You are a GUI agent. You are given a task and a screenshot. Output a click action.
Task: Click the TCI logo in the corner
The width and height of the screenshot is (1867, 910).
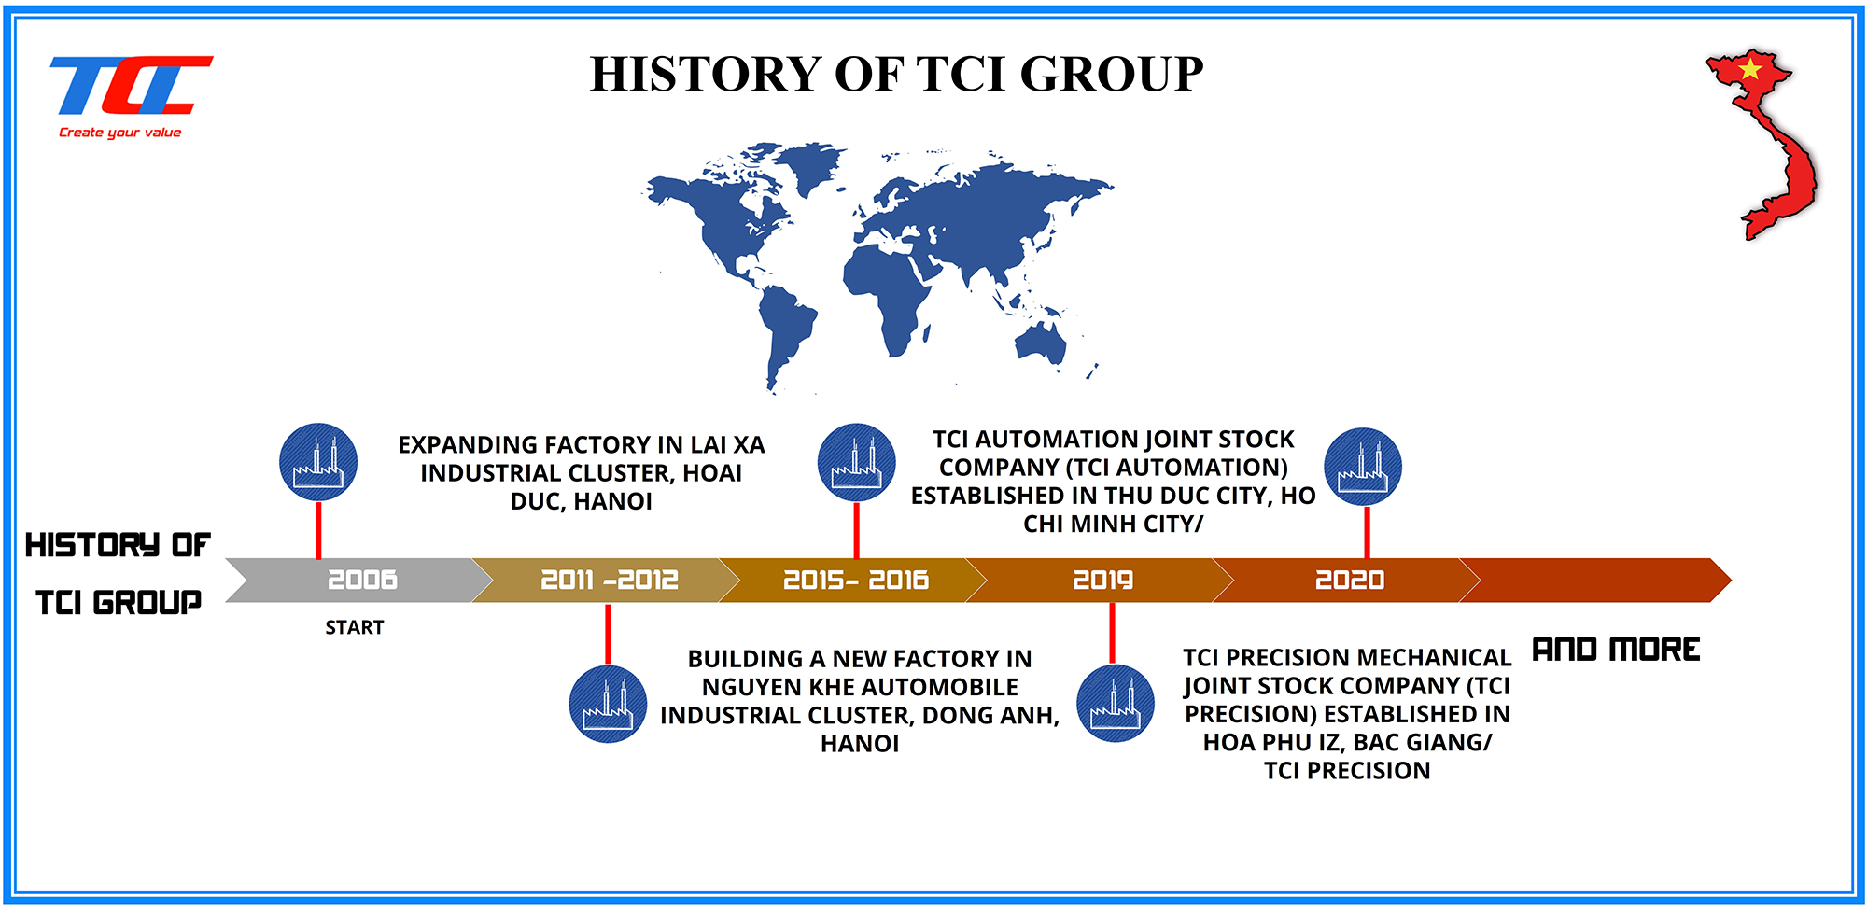point(131,85)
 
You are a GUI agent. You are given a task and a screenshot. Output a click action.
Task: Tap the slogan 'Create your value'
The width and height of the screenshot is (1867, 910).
point(120,133)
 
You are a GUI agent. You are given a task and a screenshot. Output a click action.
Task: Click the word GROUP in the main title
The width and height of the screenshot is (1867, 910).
point(1112,74)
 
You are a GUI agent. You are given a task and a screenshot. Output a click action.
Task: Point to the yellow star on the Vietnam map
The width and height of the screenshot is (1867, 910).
point(1749,68)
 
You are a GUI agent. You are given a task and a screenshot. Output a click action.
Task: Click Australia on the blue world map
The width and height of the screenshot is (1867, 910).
point(1040,340)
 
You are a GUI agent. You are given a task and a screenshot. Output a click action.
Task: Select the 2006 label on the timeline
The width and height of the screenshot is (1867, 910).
point(362,580)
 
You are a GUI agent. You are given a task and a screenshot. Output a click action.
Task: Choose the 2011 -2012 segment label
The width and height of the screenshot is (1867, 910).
point(610,580)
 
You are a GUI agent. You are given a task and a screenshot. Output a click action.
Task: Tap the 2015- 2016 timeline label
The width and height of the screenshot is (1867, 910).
point(856,580)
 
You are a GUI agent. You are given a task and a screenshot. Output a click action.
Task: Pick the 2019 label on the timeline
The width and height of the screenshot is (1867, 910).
point(1102,580)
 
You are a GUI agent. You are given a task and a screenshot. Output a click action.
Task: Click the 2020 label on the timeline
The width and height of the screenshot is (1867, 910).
point(1350,580)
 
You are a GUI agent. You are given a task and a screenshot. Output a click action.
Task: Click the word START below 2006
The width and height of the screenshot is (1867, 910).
point(355,627)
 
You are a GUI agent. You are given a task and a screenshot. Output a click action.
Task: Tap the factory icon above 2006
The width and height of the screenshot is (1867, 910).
point(318,462)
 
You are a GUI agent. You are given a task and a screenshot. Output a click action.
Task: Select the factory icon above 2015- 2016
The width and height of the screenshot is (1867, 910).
point(856,462)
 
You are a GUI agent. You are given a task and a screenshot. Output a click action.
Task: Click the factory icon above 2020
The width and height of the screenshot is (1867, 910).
point(1363,467)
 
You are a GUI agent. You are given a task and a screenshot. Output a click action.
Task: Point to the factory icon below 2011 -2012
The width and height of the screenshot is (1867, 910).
point(608,704)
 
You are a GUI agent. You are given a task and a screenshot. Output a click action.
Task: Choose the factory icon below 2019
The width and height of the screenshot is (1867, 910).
point(1116,704)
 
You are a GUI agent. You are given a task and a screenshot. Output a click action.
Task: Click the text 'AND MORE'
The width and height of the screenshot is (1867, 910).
point(1616,649)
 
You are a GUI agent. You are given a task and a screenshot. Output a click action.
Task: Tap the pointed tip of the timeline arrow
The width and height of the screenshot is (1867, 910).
point(1732,581)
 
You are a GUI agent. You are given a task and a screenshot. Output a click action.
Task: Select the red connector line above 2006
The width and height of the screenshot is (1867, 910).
point(318,530)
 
